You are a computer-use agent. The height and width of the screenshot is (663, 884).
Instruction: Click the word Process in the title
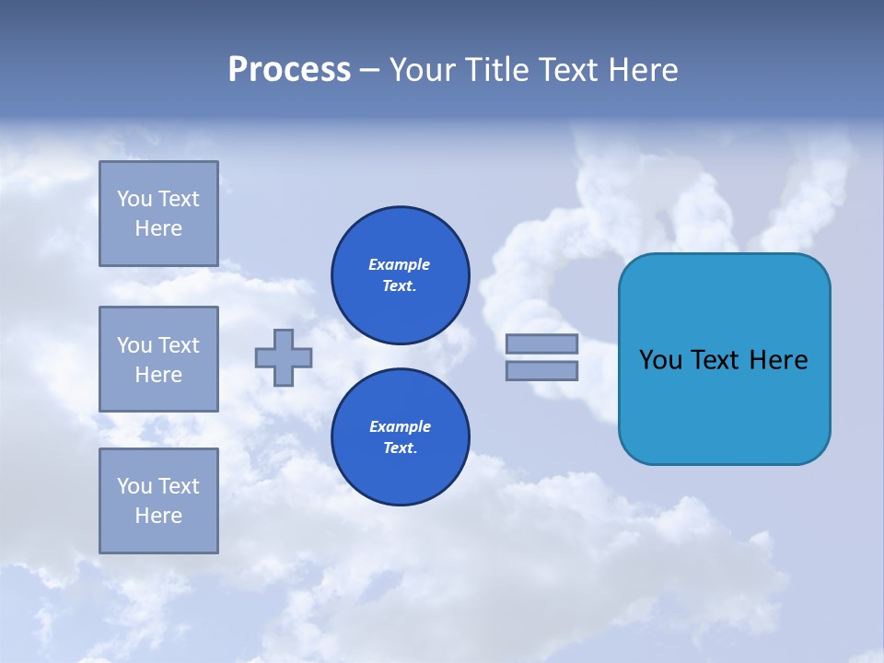(289, 70)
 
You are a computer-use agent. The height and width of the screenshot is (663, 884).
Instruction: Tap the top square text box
(158, 214)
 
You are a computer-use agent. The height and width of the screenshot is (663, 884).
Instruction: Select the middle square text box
(158, 359)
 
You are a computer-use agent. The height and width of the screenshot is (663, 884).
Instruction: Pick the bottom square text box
(158, 501)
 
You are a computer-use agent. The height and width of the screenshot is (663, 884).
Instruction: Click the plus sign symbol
(284, 357)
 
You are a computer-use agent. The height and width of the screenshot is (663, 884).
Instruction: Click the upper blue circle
(401, 275)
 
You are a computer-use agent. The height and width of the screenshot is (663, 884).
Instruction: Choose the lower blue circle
(401, 437)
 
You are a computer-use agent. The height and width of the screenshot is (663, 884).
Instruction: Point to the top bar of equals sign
(541, 343)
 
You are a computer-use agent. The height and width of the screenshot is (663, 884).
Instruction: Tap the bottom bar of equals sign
(541, 371)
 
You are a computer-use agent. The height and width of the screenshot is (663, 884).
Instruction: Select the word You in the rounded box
(659, 360)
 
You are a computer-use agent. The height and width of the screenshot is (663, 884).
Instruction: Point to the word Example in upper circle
(400, 264)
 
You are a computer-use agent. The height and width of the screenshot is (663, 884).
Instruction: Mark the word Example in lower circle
(400, 426)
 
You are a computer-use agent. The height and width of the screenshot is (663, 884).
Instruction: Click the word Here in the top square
(158, 228)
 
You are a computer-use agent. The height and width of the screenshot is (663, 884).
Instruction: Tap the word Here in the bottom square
(158, 516)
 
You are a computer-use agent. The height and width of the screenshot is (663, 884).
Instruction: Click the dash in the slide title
(369, 71)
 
